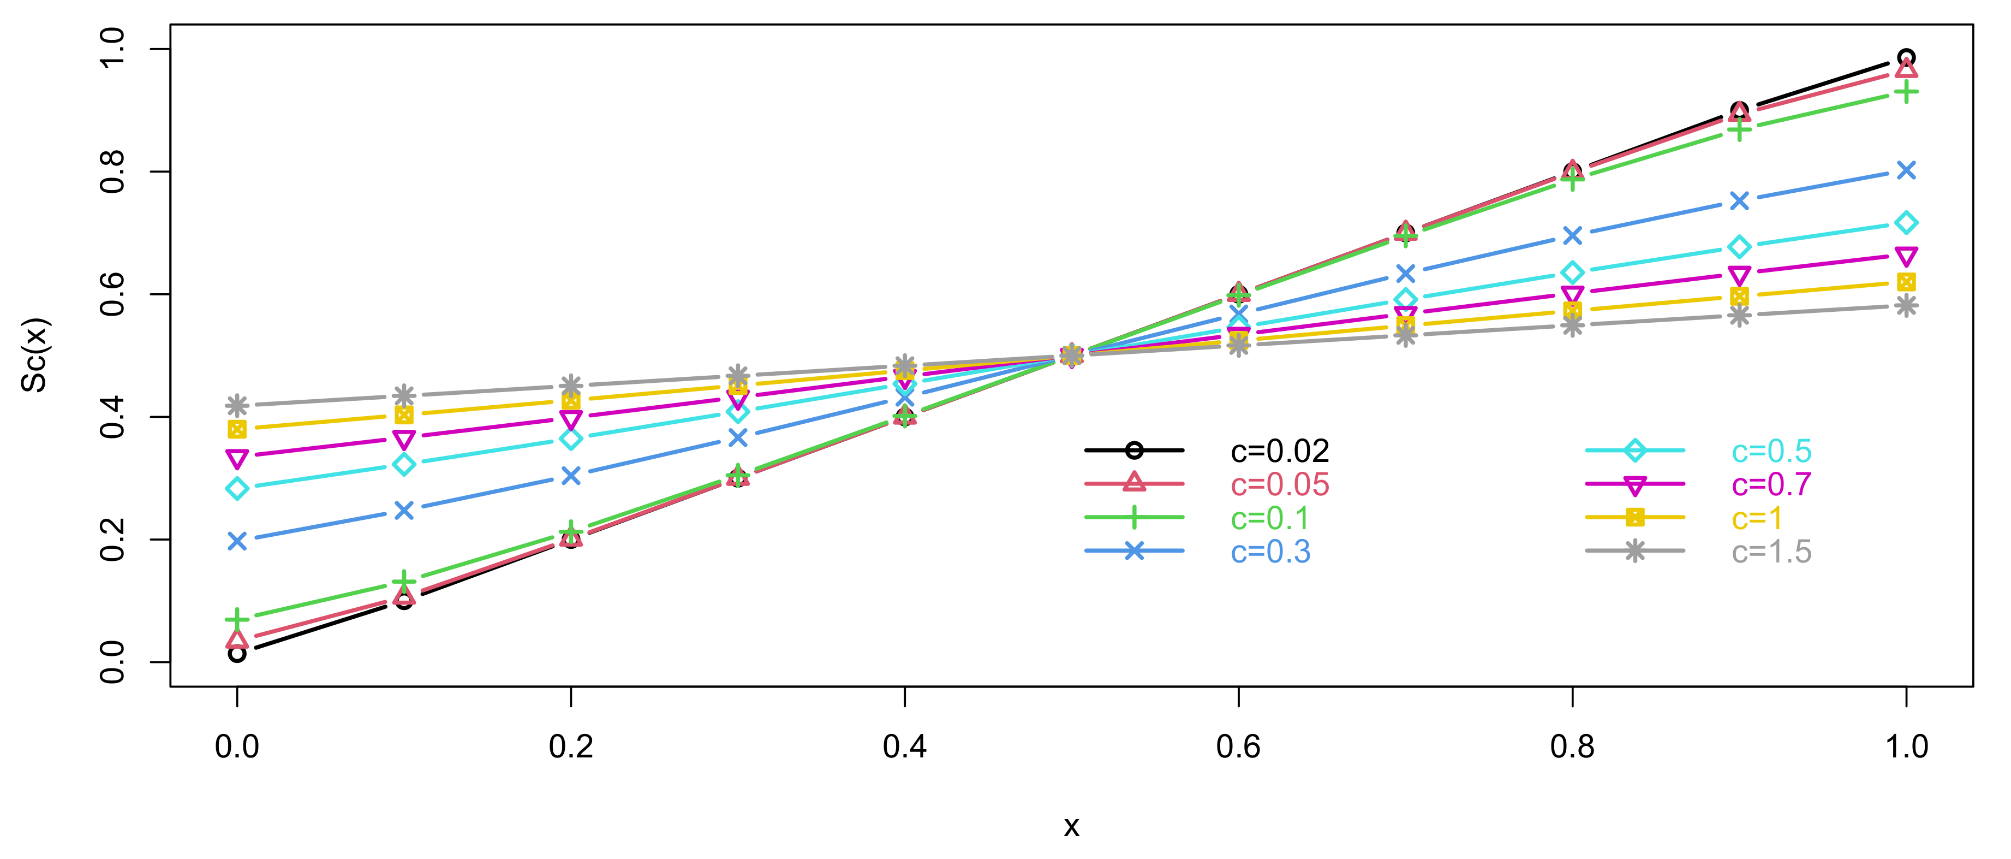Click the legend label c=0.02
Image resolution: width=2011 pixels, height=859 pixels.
click(x=1280, y=452)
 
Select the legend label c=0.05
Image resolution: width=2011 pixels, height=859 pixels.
click(x=1280, y=485)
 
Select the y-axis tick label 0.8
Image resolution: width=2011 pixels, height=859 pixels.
click(x=112, y=172)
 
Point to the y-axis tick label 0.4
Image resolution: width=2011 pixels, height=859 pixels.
click(x=112, y=417)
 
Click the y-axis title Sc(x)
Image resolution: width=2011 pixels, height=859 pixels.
click(x=35, y=356)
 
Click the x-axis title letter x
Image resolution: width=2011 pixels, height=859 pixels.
click(x=1071, y=826)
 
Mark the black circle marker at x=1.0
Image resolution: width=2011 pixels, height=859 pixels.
click(x=1906, y=58)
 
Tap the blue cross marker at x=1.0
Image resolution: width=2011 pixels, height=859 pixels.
click(x=1906, y=170)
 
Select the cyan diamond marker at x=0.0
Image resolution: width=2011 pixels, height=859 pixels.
click(x=237, y=489)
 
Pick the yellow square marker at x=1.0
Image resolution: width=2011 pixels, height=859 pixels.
click(x=1906, y=282)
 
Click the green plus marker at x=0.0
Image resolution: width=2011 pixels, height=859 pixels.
click(x=237, y=620)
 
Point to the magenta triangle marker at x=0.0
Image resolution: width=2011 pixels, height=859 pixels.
click(x=237, y=458)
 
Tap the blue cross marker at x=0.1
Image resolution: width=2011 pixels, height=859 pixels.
click(x=404, y=511)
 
